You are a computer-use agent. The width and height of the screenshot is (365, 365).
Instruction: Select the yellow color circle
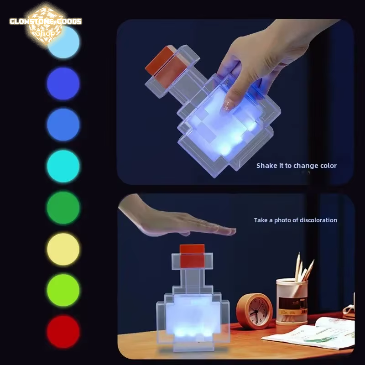click(x=63, y=249)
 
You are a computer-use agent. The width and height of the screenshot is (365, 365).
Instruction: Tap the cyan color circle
click(x=63, y=166)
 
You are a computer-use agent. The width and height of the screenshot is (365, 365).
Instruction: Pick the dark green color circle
click(x=63, y=208)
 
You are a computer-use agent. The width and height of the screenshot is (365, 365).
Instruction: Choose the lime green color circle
click(x=63, y=290)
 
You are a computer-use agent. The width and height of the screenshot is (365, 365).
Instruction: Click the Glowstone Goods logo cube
click(x=46, y=23)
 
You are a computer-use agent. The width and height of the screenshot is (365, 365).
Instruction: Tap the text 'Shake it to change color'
click(x=296, y=166)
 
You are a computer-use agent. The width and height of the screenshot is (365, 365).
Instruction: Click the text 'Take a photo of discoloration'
click(x=295, y=220)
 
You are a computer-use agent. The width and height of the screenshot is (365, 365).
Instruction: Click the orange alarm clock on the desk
click(x=254, y=310)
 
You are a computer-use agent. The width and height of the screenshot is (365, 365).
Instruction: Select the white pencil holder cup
click(x=292, y=301)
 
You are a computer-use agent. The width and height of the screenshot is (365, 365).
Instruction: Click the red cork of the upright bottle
click(x=192, y=256)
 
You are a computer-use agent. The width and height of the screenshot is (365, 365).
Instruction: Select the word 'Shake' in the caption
click(x=266, y=166)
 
